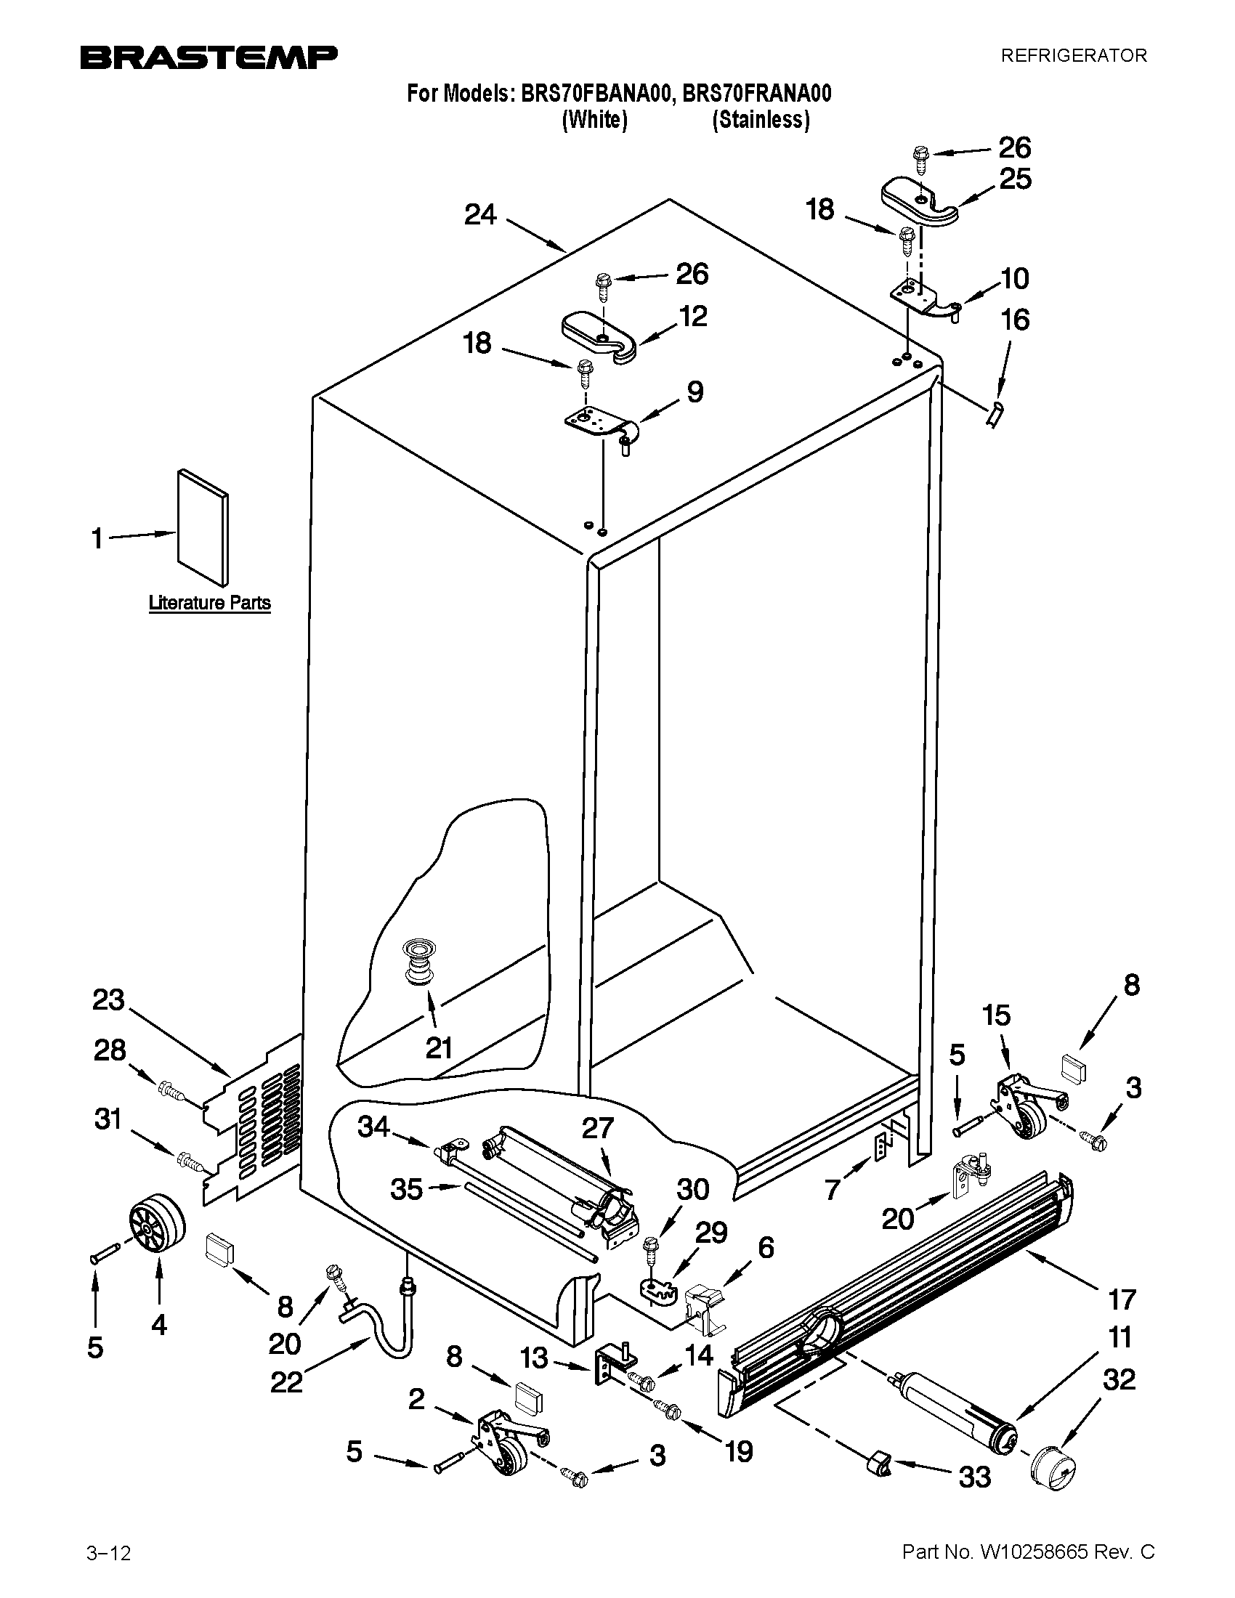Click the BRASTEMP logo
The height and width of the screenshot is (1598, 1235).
point(208,57)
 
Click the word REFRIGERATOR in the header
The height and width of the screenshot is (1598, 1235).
point(1073,56)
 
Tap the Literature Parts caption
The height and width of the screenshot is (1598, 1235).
point(209,603)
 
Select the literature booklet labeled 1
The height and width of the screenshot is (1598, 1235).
point(202,526)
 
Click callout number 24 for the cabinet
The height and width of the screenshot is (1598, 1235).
point(480,214)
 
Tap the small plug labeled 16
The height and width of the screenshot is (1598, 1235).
point(994,416)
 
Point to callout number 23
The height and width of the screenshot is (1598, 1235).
point(108,1000)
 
